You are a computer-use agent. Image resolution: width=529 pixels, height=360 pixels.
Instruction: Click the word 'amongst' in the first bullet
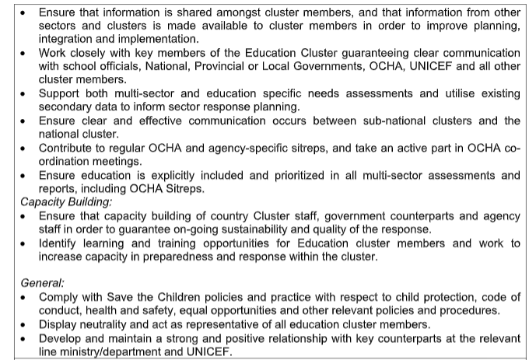(x=223, y=13)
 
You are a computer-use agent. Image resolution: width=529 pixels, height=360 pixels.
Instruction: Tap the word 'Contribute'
(x=68, y=148)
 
